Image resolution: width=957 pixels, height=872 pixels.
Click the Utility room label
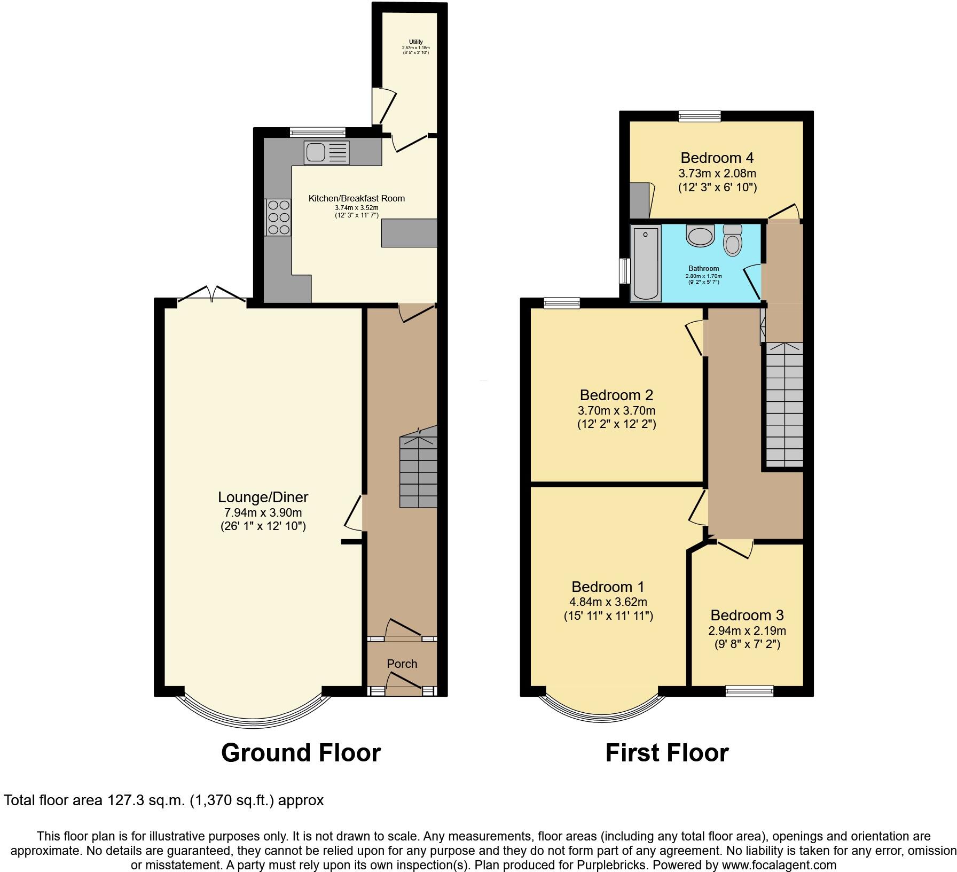click(x=416, y=42)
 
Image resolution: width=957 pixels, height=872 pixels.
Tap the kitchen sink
click(x=326, y=152)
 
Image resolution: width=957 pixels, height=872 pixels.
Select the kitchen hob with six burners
click(x=278, y=217)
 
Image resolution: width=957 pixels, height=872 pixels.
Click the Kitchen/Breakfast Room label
click(x=356, y=198)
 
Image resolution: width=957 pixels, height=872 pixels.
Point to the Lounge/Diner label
click(x=263, y=497)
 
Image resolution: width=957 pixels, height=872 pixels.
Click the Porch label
click(x=402, y=664)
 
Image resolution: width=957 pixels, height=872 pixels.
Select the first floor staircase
click(x=785, y=404)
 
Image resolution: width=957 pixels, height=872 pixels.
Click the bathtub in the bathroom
click(x=646, y=262)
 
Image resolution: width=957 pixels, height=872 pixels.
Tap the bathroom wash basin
click(x=700, y=235)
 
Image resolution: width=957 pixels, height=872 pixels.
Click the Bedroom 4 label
click(x=717, y=158)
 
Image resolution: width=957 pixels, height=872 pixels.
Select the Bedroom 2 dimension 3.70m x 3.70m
click(x=616, y=411)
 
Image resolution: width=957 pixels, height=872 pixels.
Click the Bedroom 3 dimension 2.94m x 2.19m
click(x=747, y=630)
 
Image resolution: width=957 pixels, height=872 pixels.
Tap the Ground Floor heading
click(x=301, y=753)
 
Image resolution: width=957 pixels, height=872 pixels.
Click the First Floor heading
click(x=666, y=753)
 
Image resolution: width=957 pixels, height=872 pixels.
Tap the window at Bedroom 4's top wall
click(x=700, y=116)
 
